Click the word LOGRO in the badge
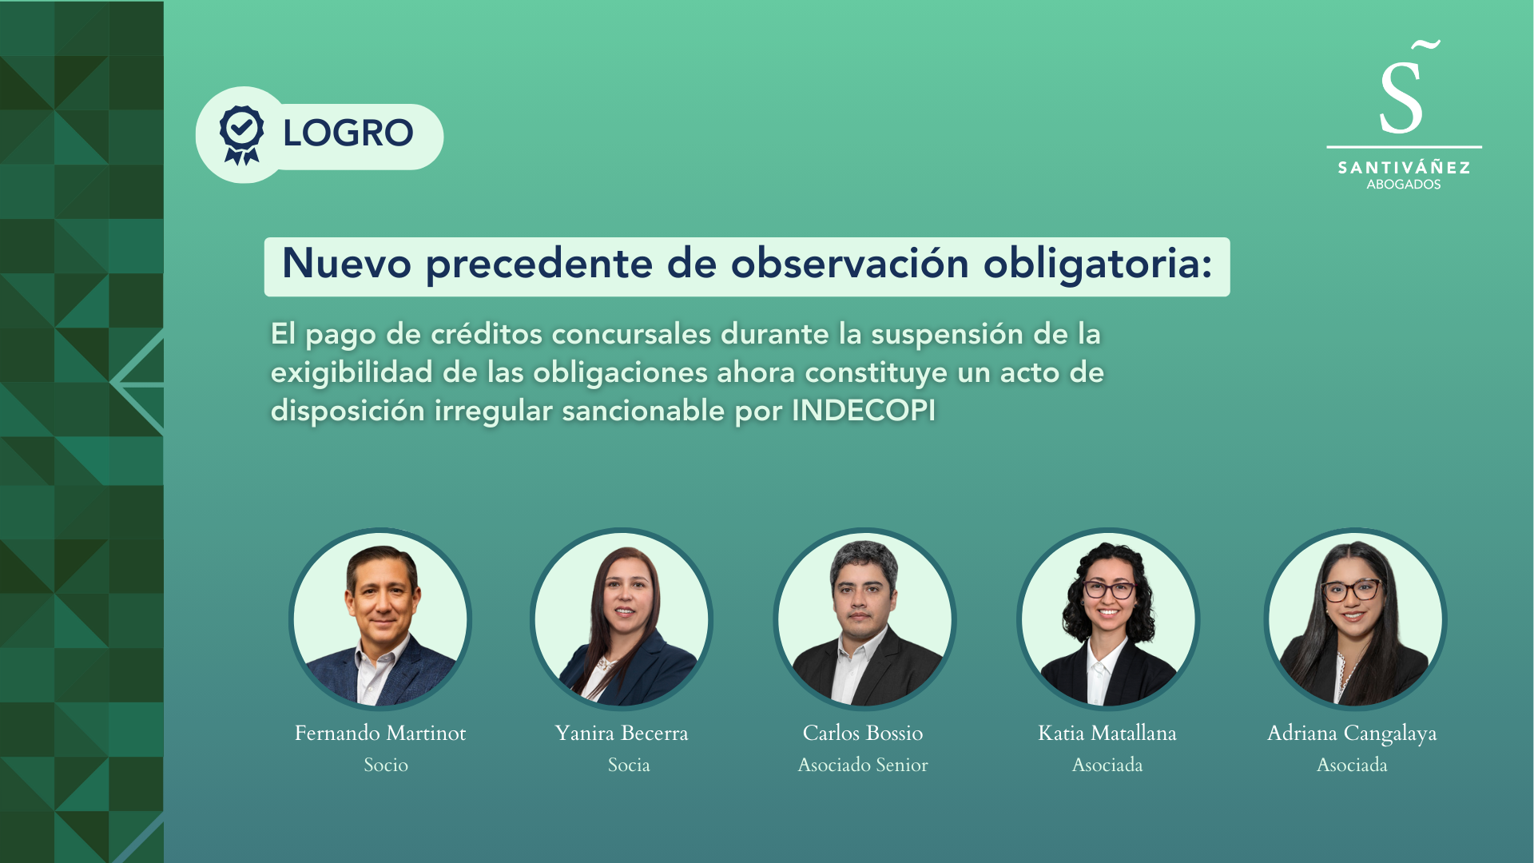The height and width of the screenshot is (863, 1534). [x=348, y=133]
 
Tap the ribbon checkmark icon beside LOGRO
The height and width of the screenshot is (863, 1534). [x=241, y=135]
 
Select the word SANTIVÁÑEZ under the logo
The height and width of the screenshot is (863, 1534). [x=1404, y=167]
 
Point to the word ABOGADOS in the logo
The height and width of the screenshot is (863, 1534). [x=1404, y=185]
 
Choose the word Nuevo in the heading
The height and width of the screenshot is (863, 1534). [x=347, y=263]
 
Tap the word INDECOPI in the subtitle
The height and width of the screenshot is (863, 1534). [x=863, y=410]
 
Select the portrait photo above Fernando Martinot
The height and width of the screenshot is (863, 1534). [x=380, y=619]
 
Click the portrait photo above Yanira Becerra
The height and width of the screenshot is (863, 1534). [x=622, y=619]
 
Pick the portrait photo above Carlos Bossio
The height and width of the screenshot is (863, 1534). [x=864, y=619]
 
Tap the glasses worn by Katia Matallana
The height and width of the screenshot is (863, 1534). [x=1109, y=591]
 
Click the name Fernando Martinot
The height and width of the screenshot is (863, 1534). [x=380, y=733]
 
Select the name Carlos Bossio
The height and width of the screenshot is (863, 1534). [x=863, y=733]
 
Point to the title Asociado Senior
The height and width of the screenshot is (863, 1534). [x=863, y=765]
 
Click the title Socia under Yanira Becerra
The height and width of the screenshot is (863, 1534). [x=629, y=765]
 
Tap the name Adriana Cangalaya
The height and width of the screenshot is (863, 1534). [x=1352, y=734]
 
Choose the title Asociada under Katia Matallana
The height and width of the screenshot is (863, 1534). [x=1107, y=765]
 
